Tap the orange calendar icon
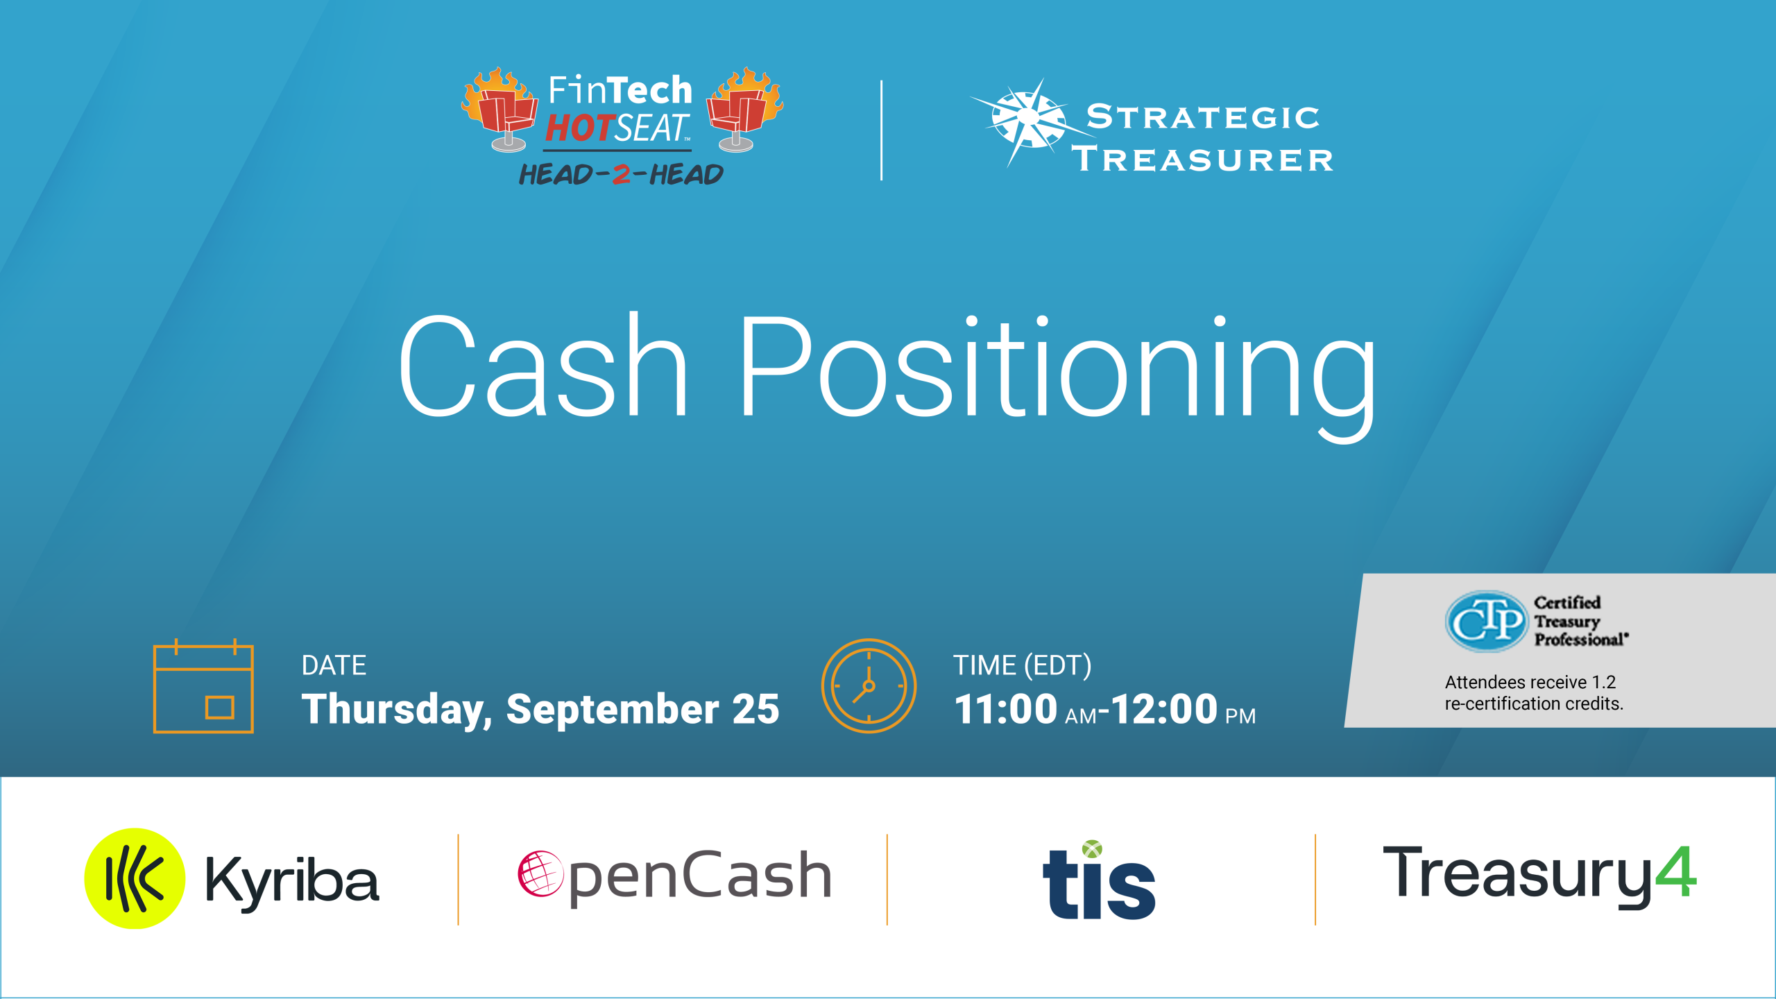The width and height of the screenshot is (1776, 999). (203, 685)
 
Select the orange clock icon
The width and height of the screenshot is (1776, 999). (869, 685)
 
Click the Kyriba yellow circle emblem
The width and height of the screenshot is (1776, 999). (135, 878)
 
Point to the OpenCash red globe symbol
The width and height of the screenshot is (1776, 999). (540, 873)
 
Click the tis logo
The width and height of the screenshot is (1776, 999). (1099, 880)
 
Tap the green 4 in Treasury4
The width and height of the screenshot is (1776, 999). (1676, 872)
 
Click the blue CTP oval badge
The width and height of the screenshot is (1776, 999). (1486, 621)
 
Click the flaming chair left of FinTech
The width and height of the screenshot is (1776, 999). (499, 110)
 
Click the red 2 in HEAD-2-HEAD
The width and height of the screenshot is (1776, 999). (622, 174)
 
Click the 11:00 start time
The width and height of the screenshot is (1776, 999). (1005, 709)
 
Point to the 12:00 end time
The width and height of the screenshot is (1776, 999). (1165, 709)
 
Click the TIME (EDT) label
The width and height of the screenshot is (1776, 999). (1022, 665)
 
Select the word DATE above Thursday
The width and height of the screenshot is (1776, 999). (334, 665)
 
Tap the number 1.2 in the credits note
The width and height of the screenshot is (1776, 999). (1604, 682)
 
